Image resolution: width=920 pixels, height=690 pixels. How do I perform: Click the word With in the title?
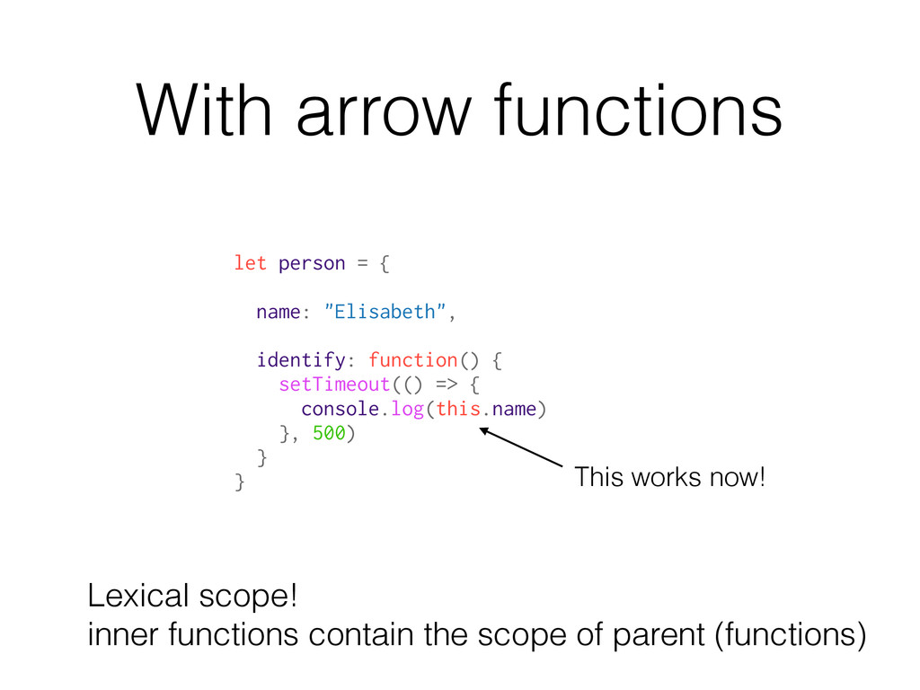(202, 110)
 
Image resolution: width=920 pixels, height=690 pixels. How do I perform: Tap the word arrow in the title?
(381, 115)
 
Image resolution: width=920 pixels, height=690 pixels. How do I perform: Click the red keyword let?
(250, 263)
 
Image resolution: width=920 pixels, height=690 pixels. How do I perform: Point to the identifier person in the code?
(312, 263)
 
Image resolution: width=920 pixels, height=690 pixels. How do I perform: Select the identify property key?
(300, 360)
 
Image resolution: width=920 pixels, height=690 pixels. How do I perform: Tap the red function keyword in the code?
(412, 360)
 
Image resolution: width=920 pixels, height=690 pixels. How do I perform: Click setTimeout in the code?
(334, 385)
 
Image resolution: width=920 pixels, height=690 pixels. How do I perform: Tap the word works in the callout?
(670, 477)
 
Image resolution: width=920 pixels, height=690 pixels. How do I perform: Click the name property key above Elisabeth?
(278, 312)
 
